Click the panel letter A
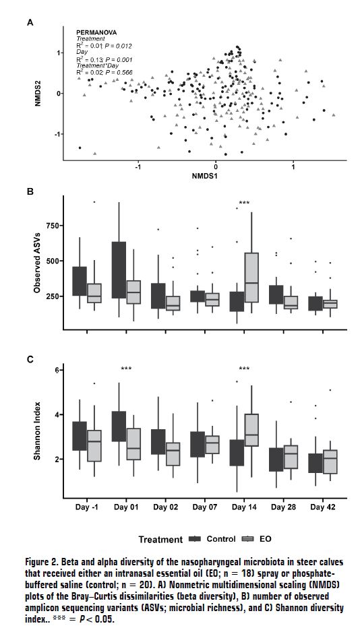pos(30,23)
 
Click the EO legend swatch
pos(248,539)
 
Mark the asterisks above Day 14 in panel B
pos(244,203)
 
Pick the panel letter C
pos(30,359)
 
